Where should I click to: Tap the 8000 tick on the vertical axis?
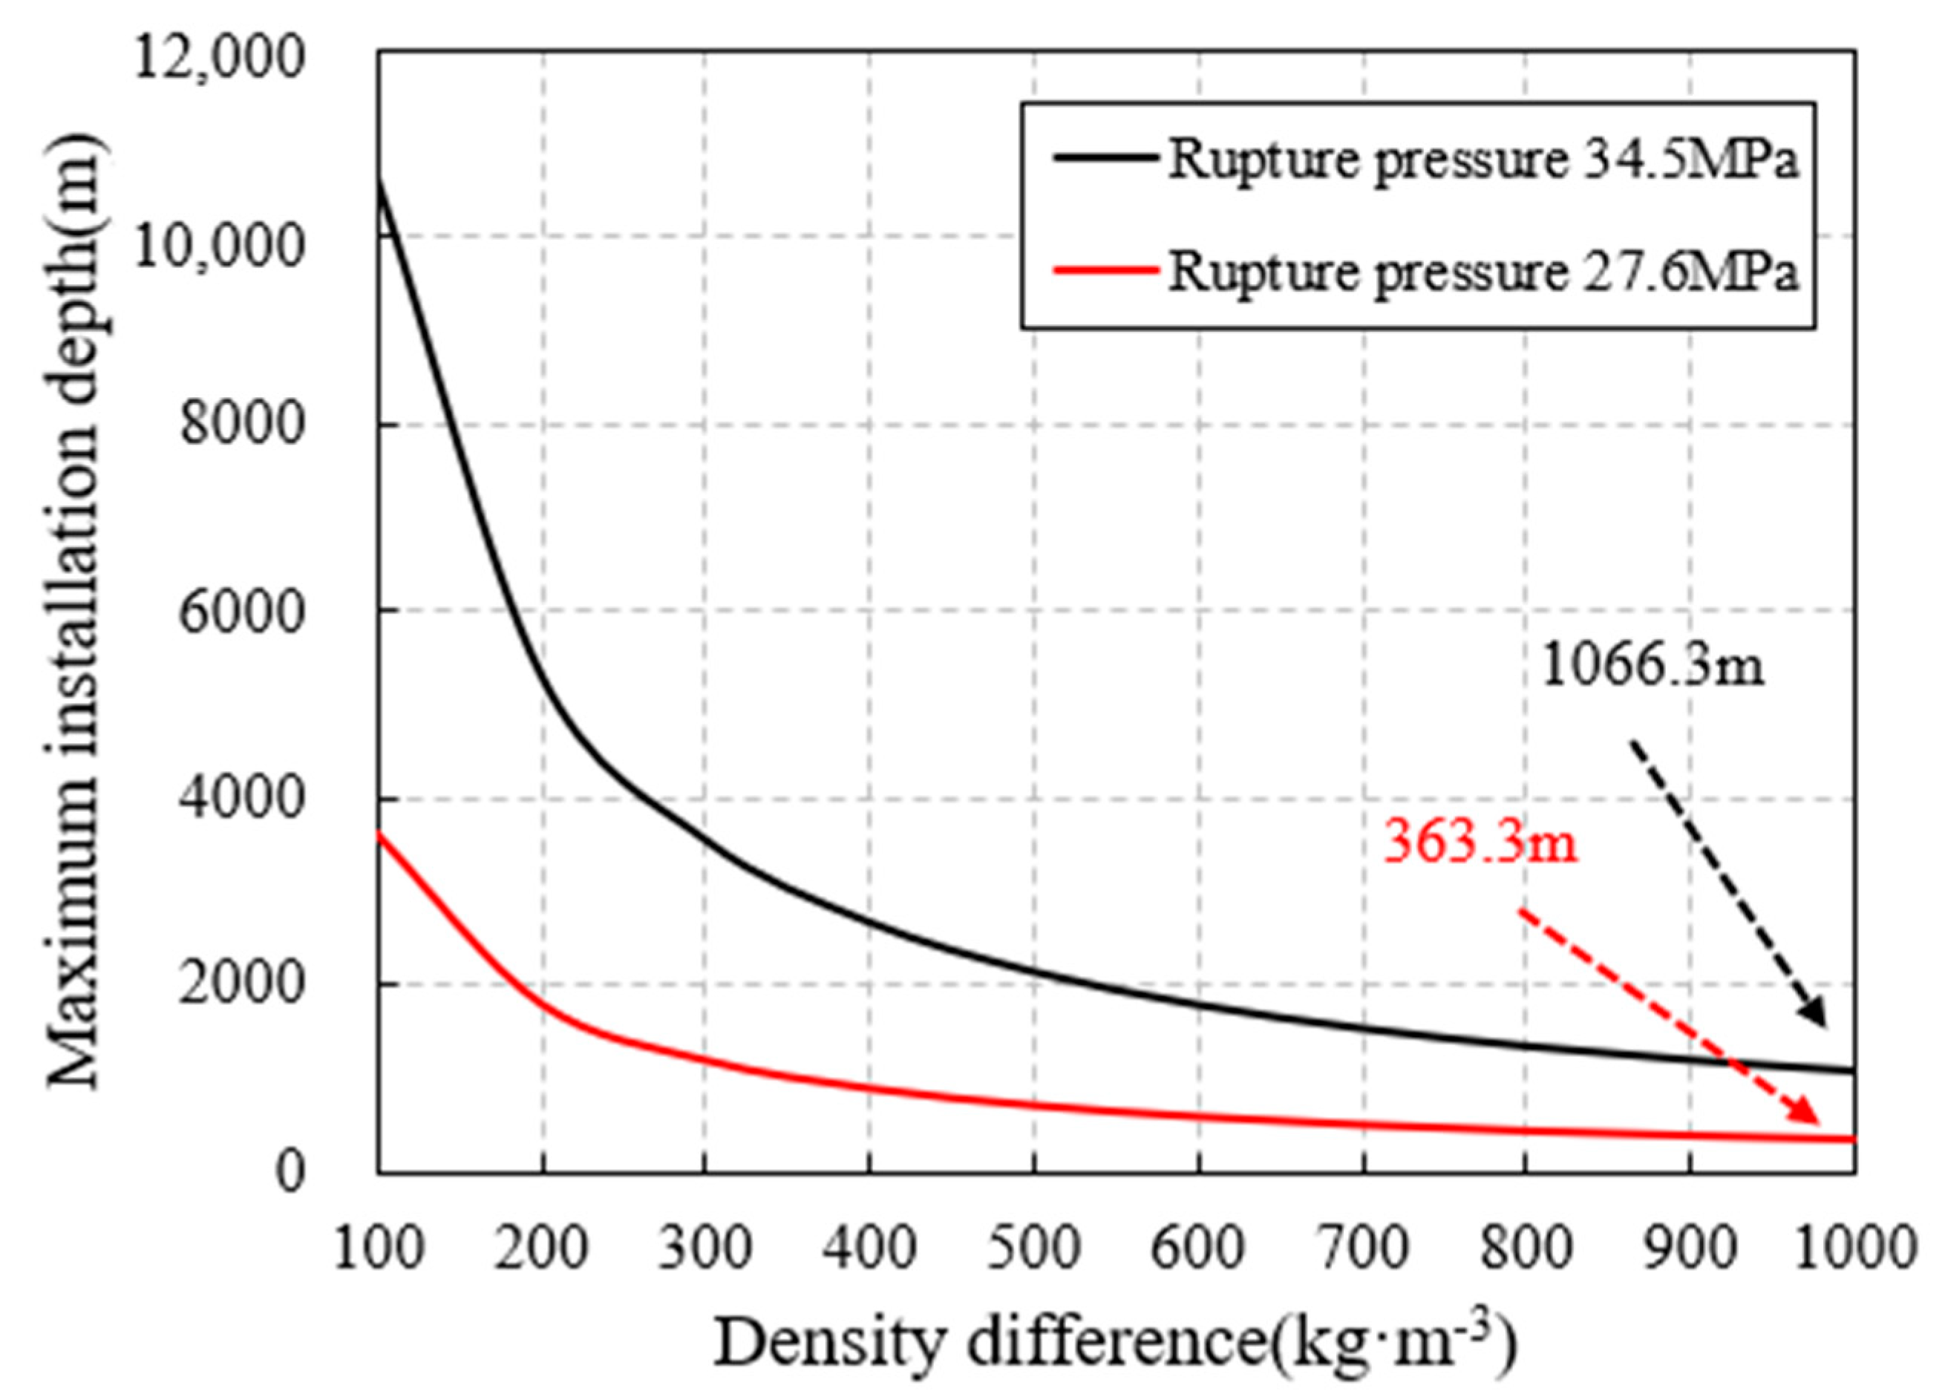pyautogui.click(x=242, y=425)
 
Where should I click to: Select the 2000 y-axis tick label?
pyautogui.click(x=242, y=984)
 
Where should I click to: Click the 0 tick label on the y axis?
pyautogui.click(x=290, y=1171)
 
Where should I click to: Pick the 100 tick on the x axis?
pyautogui.click(x=378, y=1250)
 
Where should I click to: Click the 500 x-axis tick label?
pyautogui.click(x=1034, y=1250)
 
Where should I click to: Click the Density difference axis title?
pyautogui.click(x=1115, y=1344)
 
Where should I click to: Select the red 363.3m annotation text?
pyautogui.click(x=1480, y=843)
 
